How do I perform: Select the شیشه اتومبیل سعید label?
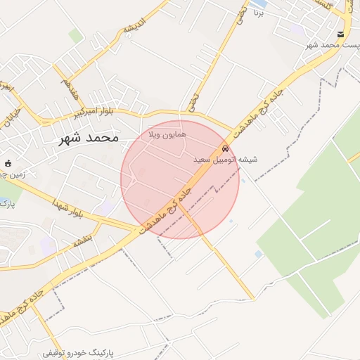tap(226, 160)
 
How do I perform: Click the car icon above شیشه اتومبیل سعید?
tap(225, 148)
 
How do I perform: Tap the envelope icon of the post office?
tap(340, 34)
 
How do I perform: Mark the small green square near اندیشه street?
tap(75, 35)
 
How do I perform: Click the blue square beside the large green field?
tap(259, 254)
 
